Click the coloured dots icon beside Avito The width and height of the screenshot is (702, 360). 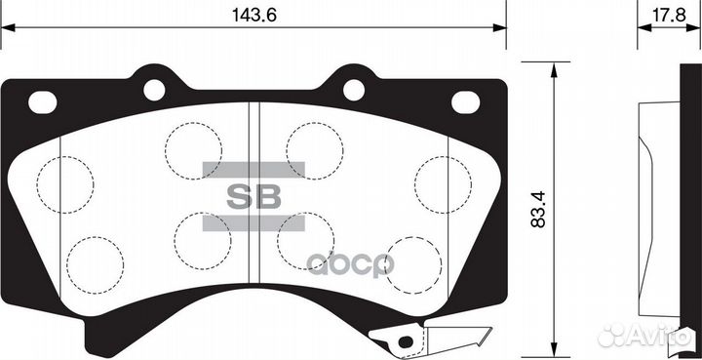pos(612,335)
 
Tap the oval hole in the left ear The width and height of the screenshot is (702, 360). pos(42,100)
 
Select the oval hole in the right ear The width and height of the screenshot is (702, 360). pos(466,100)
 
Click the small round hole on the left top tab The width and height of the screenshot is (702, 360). pos(154,90)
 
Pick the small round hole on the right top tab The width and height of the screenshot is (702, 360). pos(354,90)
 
